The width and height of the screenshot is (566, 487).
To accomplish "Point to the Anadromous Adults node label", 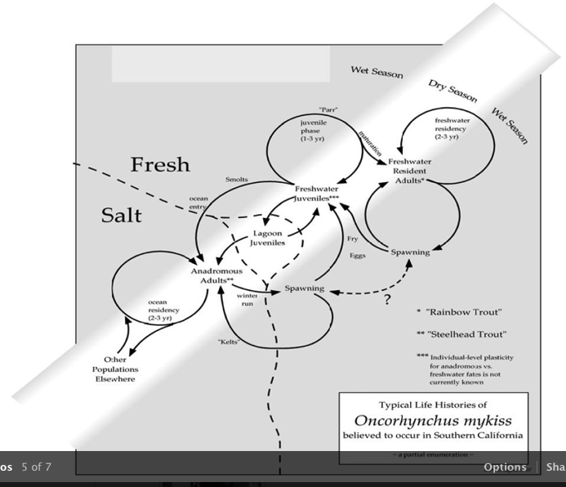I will click(x=213, y=275).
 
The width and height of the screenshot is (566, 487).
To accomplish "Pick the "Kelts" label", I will click(x=230, y=341).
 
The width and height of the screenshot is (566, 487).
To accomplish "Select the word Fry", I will click(x=353, y=239).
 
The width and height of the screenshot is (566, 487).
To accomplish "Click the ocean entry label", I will click(x=199, y=203).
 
